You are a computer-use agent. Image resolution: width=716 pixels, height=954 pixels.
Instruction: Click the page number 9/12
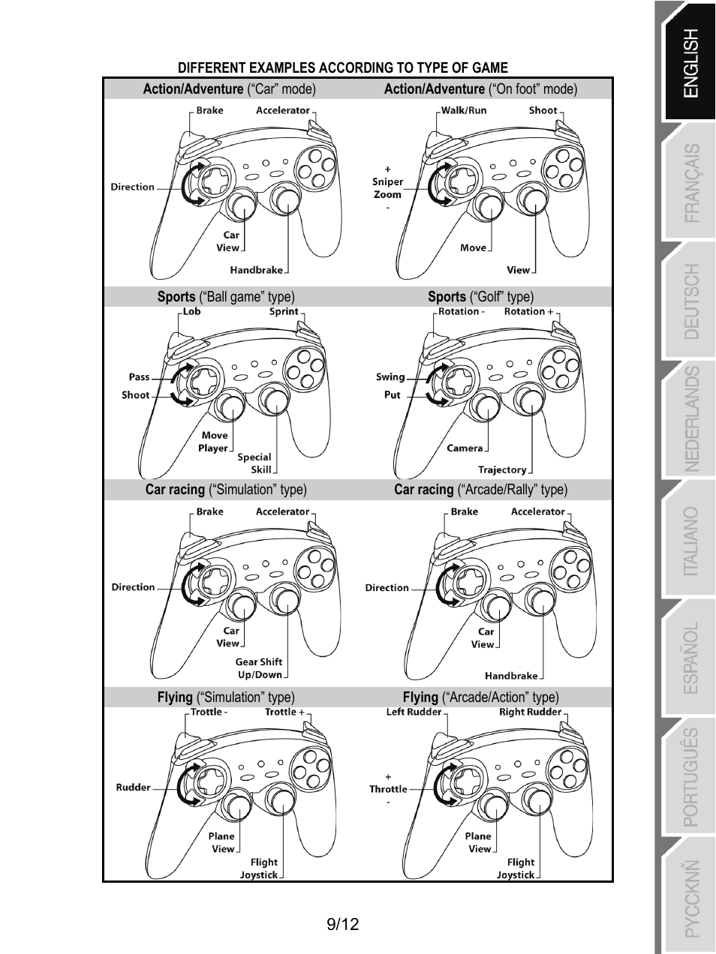pyautogui.click(x=343, y=924)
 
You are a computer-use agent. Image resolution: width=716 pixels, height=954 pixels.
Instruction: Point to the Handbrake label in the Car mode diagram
pyautogui.click(x=256, y=270)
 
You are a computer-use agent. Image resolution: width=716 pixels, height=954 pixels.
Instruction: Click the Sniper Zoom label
pyautogui.click(x=387, y=187)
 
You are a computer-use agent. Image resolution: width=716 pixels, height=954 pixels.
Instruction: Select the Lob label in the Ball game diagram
pyautogui.click(x=192, y=311)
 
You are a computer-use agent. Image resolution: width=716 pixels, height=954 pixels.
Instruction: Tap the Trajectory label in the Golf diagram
pyautogui.click(x=502, y=470)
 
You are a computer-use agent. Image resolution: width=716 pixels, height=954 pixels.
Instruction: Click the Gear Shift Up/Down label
pyautogui.click(x=259, y=668)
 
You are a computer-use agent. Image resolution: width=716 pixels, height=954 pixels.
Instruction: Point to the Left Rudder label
pyautogui.click(x=414, y=712)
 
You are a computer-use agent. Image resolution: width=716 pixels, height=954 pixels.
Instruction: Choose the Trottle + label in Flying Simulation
pyautogui.click(x=284, y=712)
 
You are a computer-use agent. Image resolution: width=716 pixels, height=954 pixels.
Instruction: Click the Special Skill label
pyautogui.click(x=254, y=463)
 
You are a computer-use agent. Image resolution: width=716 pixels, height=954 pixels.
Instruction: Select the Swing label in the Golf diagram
pyautogui.click(x=390, y=377)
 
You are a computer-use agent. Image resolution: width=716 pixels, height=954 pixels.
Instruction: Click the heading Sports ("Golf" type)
pyautogui.click(x=480, y=297)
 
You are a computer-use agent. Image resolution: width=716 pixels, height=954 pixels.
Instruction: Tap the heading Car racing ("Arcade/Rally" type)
pyautogui.click(x=480, y=490)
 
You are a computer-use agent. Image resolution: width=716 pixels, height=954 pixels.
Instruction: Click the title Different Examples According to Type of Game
pyautogui.click(x=342, y=68)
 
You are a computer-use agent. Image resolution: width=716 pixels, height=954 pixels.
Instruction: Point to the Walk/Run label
pyautogui.click(x=463, y=110)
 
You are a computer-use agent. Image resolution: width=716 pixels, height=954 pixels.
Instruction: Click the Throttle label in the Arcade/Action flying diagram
pyautogui.click(x=388, y=789)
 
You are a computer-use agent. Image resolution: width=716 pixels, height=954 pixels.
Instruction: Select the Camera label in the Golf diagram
pyautogui.click(x=465, y=448)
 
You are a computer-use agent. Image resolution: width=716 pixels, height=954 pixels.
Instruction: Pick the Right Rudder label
pyautogui.click(x=530, y=712)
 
